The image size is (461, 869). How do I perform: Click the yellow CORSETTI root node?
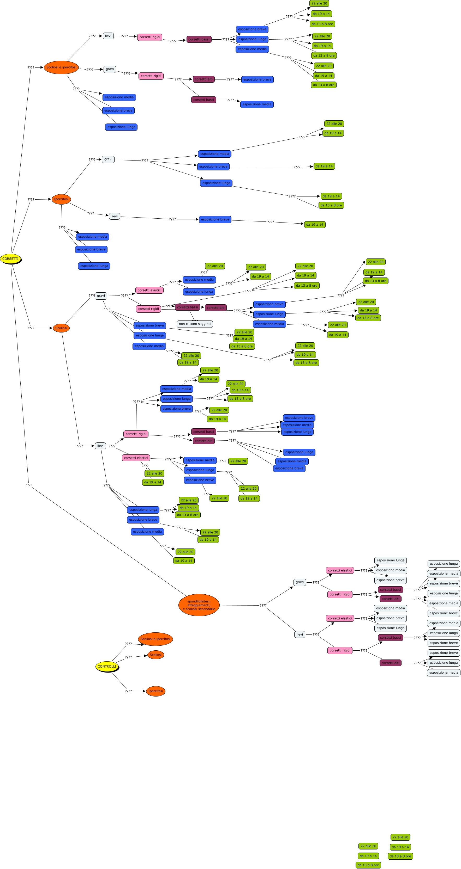click(x=10, y=259)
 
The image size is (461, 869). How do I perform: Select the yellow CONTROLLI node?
click(x=107, y=666)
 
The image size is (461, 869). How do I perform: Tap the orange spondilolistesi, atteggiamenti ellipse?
click(x=199, y=605)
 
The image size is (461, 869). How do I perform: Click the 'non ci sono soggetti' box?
click(x=195, y=324)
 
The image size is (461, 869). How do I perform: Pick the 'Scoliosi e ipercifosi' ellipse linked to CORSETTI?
click(x=61, y=67)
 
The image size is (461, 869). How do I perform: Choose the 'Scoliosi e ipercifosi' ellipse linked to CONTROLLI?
click(x=155, y=639)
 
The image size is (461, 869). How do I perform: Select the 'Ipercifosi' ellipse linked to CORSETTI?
click(x=61, y=199)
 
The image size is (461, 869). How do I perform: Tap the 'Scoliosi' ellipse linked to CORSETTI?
click(x=61, y=328)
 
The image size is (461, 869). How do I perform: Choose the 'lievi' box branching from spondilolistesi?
click(x=300, y=634)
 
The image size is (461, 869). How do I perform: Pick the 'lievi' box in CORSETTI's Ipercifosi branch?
click(x=115, y=216)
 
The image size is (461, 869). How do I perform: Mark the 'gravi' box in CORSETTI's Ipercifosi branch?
click(x=108, y=159)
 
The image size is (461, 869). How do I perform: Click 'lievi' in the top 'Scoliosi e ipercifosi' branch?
click(x=108, y=36)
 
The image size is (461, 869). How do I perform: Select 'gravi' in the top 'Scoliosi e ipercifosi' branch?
click(x=110, y=69)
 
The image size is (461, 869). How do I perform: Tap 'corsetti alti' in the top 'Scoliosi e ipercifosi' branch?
click(x=204, y=79)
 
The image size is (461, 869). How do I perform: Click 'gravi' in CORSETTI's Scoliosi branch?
click(x=101, y=296)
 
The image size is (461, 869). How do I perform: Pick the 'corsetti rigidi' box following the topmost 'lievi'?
click(x=149, y=37)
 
